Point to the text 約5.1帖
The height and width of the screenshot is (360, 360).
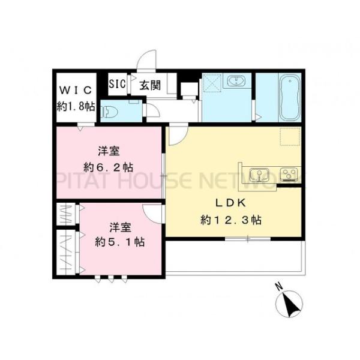pos(119,242)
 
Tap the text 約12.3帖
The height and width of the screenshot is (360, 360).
pos(231,220)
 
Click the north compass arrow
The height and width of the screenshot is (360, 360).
pos(292,305)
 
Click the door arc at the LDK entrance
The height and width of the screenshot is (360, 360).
pos(177,137)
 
